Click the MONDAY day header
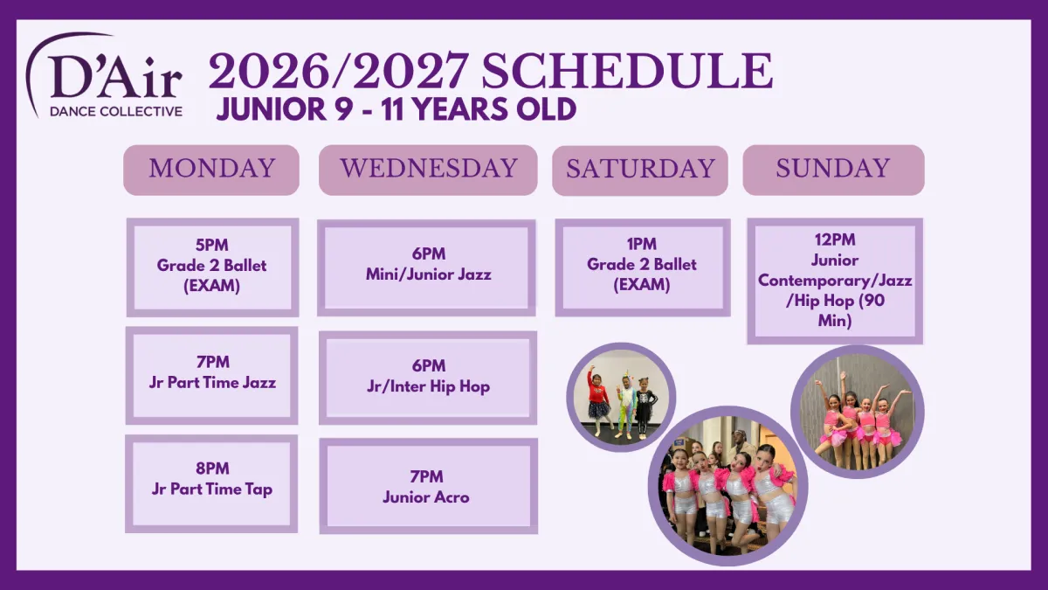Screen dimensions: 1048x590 (x=211, y=170)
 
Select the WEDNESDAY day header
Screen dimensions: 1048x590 (x=428, y=170)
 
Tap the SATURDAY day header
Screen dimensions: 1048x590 (x=640, y=170)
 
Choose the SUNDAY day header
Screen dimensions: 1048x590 (x=833, y=170)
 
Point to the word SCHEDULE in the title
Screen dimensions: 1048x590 (x=627, y=71)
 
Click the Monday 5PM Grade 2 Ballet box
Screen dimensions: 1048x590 (x=212, y=267)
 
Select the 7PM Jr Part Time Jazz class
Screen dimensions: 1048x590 (x=211, y=376)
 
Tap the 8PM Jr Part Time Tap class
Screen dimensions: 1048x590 (x=211, y=483)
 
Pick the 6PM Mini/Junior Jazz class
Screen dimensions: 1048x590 (x=427, y=267)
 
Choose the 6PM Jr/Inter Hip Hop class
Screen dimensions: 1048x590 (x=428, y=378)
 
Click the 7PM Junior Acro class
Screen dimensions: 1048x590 (x=429, y=486)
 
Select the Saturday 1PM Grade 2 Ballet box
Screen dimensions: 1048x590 (x=643, y=267)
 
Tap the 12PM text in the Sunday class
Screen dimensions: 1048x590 (x=835, y=239)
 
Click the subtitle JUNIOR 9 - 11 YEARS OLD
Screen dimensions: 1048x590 (x=396, y=109)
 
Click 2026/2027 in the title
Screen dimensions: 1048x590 (x=339, y=71)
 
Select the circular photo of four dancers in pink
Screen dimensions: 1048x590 (x=857, y=412)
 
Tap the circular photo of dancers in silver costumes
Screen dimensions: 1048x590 (x=728, y=486)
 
